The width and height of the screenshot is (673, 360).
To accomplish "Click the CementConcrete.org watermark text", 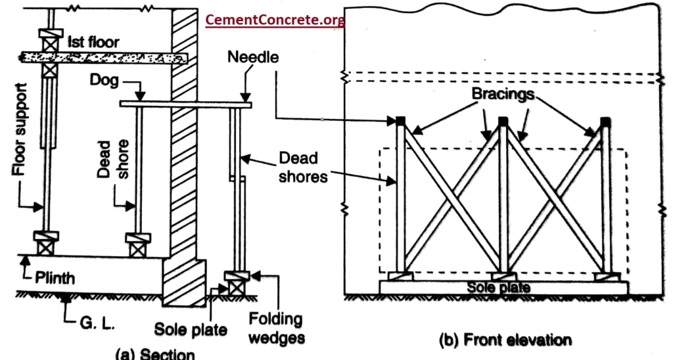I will (275, 20).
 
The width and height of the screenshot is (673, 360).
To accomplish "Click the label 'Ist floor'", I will (93, 43).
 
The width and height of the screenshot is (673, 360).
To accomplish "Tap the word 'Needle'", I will (253, 57).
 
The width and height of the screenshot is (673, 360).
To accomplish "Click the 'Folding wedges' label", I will (275, 328).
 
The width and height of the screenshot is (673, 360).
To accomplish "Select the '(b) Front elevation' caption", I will (504, 340).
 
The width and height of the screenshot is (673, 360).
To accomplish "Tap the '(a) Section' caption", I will (155, 354).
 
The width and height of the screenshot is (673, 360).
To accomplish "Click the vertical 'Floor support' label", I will (20, 131).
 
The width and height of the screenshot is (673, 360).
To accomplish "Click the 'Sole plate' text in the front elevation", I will (499, 287).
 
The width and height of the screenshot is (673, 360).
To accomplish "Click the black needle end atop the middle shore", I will (503, 121).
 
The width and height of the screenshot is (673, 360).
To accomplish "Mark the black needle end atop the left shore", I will (400, 120).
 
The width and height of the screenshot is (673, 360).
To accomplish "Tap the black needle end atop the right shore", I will (605, 121).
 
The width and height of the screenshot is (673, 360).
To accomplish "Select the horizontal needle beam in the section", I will (187, 104).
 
